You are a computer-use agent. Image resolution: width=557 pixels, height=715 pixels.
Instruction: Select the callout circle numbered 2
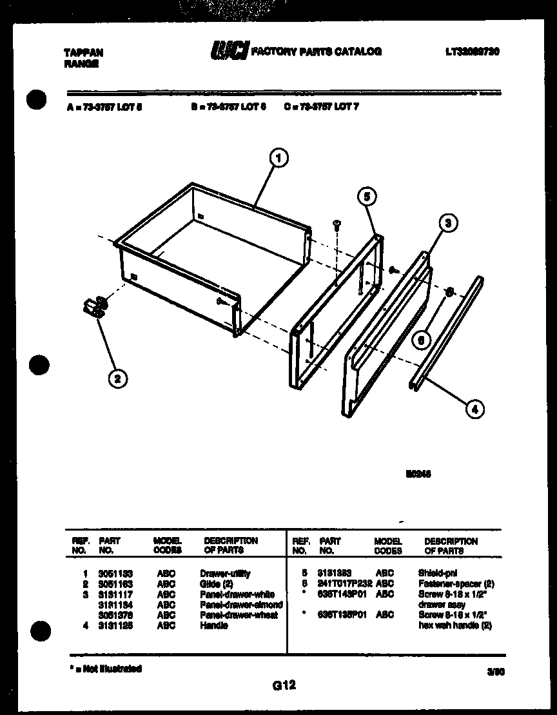coord(117,378)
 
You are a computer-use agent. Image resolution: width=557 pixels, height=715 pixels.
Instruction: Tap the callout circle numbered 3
coord(449,223)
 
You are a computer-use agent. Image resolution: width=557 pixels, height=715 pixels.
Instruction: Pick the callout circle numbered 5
coord(366,197)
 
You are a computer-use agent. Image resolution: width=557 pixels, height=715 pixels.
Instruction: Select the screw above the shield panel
coord(337,224)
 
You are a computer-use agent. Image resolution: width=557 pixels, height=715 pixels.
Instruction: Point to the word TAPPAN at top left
coord(84,53)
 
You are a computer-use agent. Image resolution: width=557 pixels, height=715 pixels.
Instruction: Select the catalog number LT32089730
coord(472,52)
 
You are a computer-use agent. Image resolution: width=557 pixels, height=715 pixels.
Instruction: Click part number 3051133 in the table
coord(116,573)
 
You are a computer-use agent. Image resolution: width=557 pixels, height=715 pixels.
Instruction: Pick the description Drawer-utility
coord(225,573)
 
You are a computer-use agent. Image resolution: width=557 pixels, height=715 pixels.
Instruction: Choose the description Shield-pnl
coord(438,573)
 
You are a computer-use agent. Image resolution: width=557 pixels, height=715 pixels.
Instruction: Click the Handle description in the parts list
coord(213,625)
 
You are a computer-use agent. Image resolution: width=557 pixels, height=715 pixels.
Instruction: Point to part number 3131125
coord(116,625)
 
